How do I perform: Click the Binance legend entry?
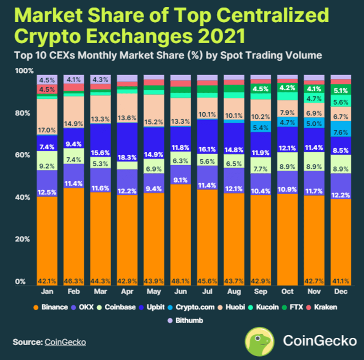coord(52,307)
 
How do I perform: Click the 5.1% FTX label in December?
coord(340,90)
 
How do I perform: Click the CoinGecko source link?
coord(65,342)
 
